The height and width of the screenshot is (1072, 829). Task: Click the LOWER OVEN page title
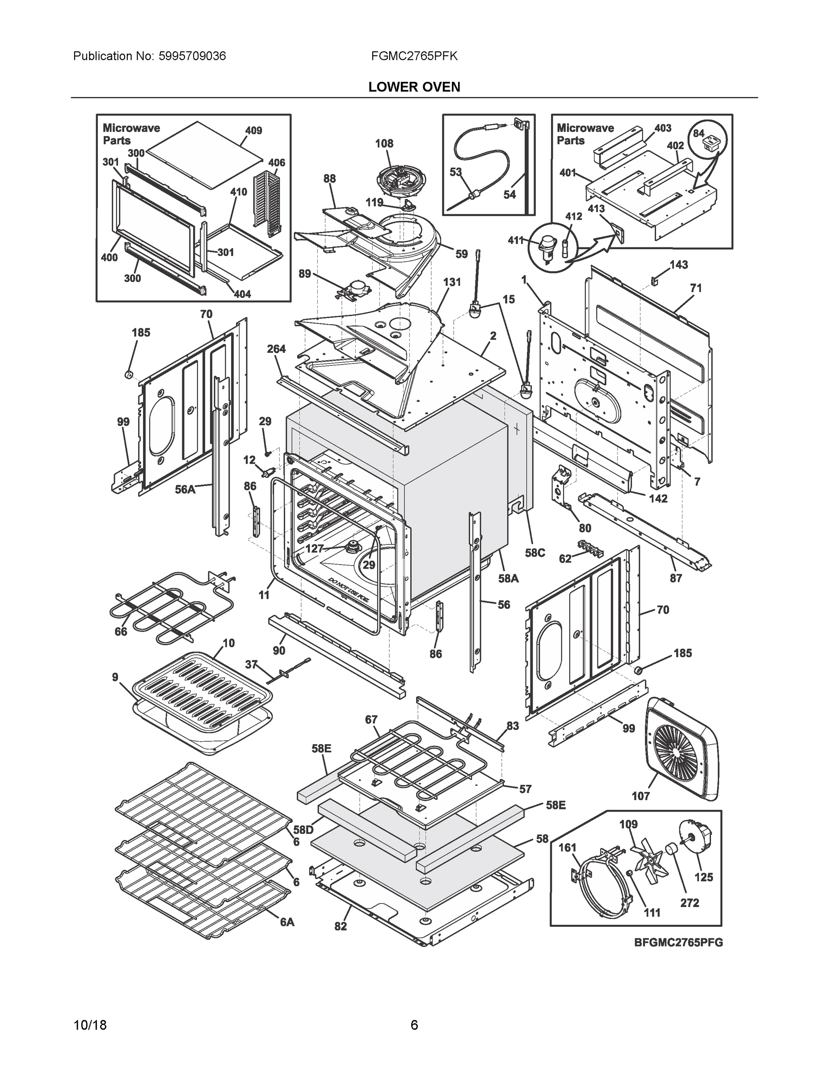pyautogui.click(x=414, y=87)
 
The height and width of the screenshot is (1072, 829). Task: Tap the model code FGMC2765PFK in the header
pyautogui.click(x=414, y=56)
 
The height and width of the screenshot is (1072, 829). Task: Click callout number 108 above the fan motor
pyautogui.click(x=384, y=143)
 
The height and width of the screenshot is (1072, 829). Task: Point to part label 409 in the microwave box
pyautogui.click(x=253, y=130)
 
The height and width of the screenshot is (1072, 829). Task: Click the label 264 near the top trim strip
pyautogui.click(x=277, y=349)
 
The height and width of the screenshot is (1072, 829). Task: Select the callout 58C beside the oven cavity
pyautogui.click(x=535, y=553)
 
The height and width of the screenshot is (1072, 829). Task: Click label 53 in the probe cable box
pyautogui.click(x=456, y=172)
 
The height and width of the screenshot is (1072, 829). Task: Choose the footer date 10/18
pyautogui.click(x=90, y=1025)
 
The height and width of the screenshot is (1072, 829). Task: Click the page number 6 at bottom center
pyautogui.click(x=414, y=1025)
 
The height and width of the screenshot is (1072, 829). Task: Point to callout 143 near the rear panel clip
pyautogui.click(x=679, y=264)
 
